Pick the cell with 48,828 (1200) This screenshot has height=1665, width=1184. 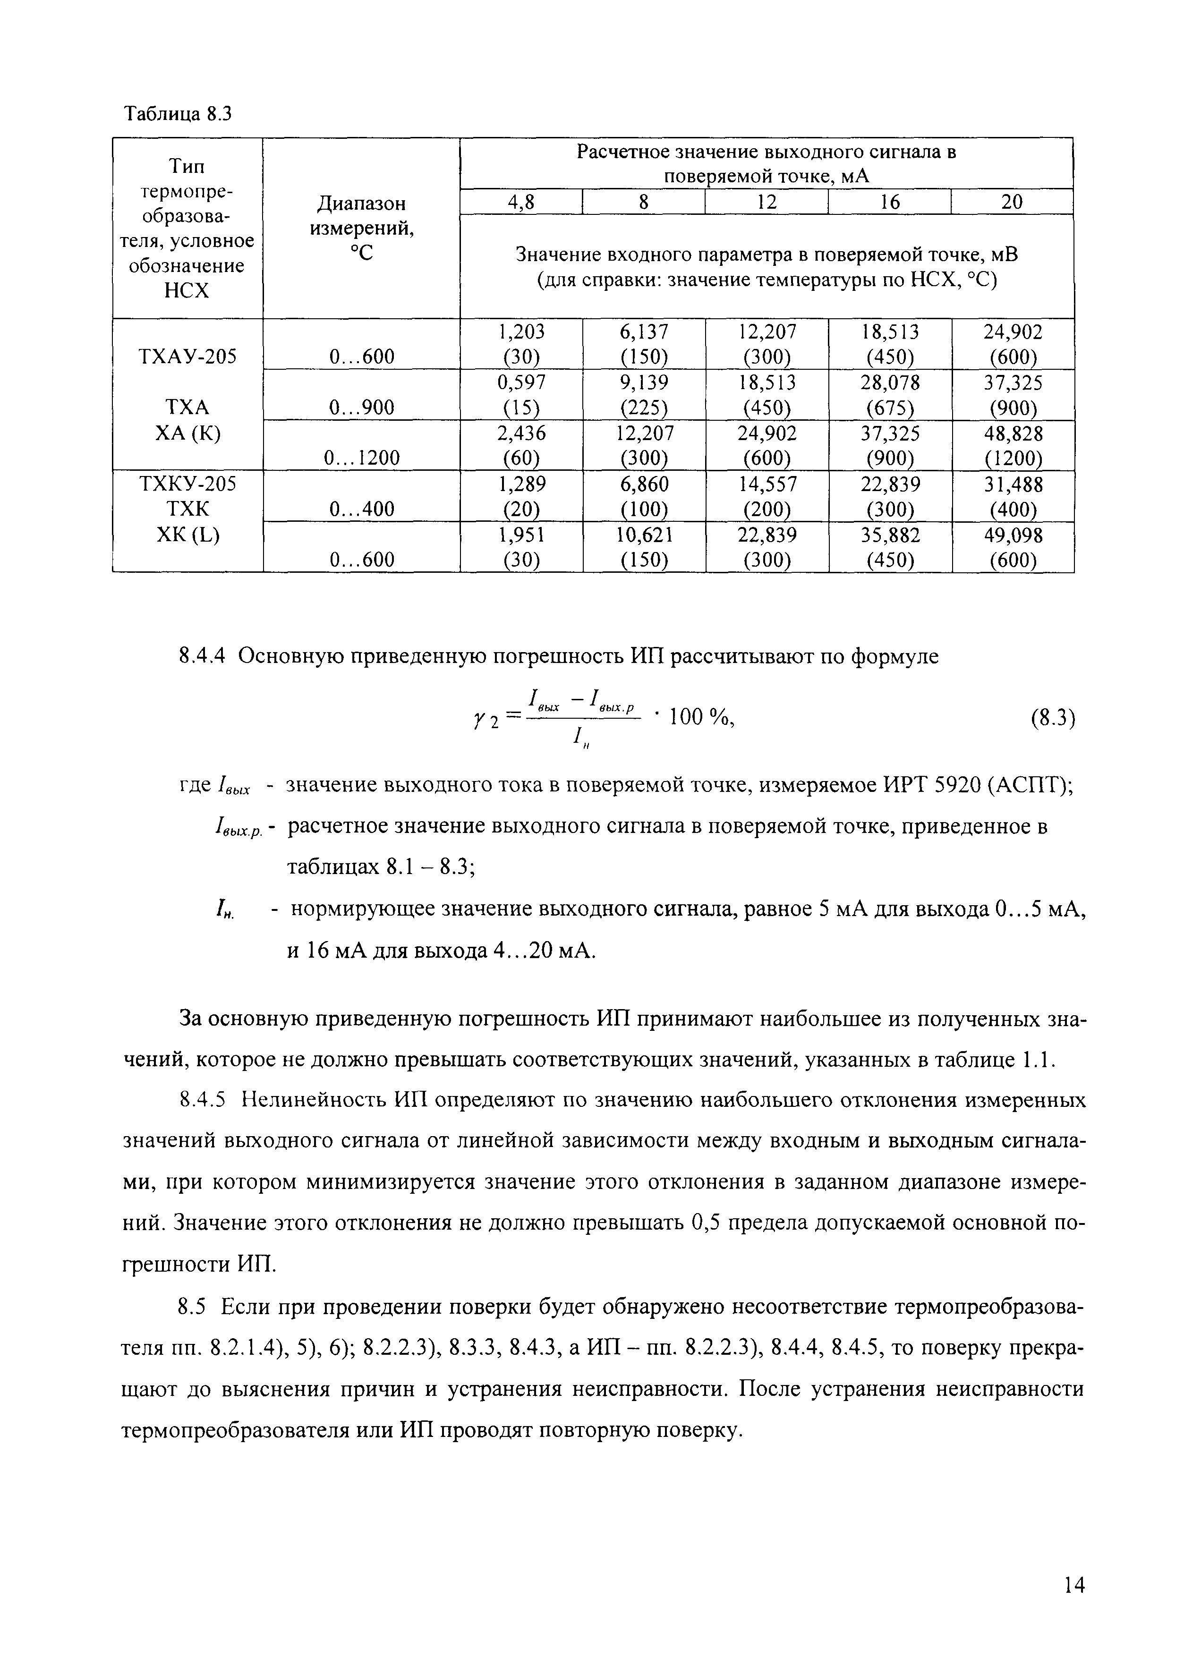(1012, 445)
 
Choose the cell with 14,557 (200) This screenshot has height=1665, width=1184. (767, 496)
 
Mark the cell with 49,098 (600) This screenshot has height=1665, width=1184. (1012, 547)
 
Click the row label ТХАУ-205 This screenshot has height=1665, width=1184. (187, 357)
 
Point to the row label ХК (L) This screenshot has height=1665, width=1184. (187, 535)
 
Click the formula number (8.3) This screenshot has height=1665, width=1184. (1053, 718)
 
